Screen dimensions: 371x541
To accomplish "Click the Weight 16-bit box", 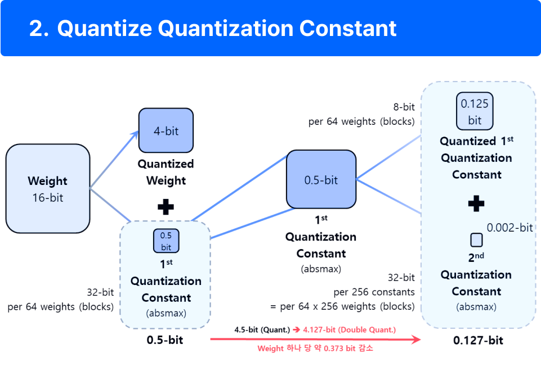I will click(48, 189).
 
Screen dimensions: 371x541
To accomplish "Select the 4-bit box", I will click(166, 130).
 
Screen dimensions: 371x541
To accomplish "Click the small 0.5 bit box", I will click(166, 241).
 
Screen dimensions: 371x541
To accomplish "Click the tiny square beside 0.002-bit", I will click(476, 240).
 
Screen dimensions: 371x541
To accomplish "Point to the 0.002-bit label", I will click(509, 228).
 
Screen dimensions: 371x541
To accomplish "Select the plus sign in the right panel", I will click(476, 203).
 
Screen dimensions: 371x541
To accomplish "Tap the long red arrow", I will click(315, 339).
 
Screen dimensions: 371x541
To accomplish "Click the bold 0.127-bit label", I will click(478, 340).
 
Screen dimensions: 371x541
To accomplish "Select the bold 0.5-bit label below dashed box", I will click(165, 340).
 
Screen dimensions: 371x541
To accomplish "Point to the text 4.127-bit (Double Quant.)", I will click(349, 329).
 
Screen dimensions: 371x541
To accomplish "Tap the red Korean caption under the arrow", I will click(315, 349).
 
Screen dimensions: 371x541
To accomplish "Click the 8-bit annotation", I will click(404, 107).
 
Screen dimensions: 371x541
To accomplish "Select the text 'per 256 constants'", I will click(374, 292).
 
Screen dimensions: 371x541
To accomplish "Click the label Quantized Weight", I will click(166, 172).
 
